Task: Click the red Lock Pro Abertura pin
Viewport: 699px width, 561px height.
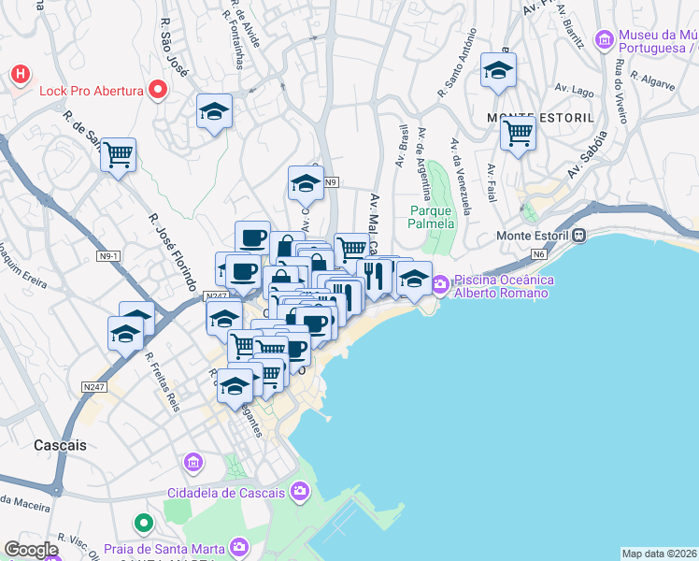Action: (158, 91)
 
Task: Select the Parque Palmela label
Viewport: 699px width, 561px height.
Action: (432, 217)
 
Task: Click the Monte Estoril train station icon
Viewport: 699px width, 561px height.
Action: (579, 236)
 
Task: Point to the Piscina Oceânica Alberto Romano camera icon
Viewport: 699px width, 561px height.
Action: (439, 281)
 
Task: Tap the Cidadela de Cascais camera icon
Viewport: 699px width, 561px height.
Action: (300, 490)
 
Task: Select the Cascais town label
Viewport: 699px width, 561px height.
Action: (59, 445)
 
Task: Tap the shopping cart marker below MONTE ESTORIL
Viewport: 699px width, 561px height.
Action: (517, 133)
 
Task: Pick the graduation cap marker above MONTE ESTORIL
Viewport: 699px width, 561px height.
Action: (498, 70)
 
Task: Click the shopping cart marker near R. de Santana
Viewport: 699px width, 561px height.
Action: (118, 155)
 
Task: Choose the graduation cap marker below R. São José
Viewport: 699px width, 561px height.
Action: (214, 111)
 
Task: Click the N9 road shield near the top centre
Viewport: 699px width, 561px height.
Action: (331, 182)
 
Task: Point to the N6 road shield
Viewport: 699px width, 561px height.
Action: (538, 253)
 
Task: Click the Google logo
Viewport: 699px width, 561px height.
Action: (31, 550)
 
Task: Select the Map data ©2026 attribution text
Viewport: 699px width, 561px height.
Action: (659, 554)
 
